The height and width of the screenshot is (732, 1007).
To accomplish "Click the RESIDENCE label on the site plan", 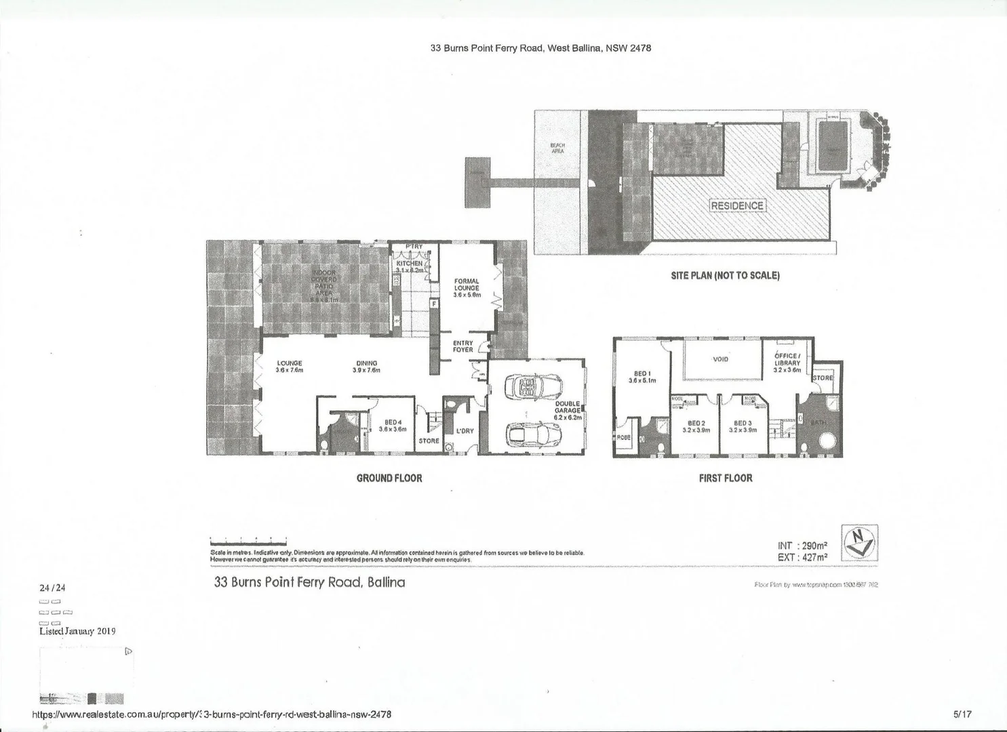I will click(737, 205).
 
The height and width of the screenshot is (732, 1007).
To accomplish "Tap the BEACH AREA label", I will click(557, 148).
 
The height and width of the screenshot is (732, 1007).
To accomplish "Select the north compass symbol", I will click(859, 543).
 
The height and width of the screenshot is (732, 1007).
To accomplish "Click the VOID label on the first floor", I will click(720, 359).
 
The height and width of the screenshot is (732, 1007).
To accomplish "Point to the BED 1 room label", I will click(642, 377).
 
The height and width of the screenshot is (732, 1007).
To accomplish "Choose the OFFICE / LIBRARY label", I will click(787, 363).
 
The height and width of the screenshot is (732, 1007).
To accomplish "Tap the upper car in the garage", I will click(532, 388).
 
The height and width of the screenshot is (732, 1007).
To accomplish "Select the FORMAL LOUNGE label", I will click(467, 288).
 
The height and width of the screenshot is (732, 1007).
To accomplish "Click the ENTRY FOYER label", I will click(463, 346).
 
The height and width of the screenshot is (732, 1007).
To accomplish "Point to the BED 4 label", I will click(393, 425).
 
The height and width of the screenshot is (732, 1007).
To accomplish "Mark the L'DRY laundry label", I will click(465, 431).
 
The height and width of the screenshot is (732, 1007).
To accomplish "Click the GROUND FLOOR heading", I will click(389, 479).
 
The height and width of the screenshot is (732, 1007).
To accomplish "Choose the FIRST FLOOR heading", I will click(726, 479).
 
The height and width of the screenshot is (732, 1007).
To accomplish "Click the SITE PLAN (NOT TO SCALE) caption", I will click(725, 276).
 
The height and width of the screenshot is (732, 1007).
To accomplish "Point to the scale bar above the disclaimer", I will click(248, 542).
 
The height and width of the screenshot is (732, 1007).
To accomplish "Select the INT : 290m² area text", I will click(802, 546).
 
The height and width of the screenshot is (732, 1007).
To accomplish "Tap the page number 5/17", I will click(962, 714).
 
